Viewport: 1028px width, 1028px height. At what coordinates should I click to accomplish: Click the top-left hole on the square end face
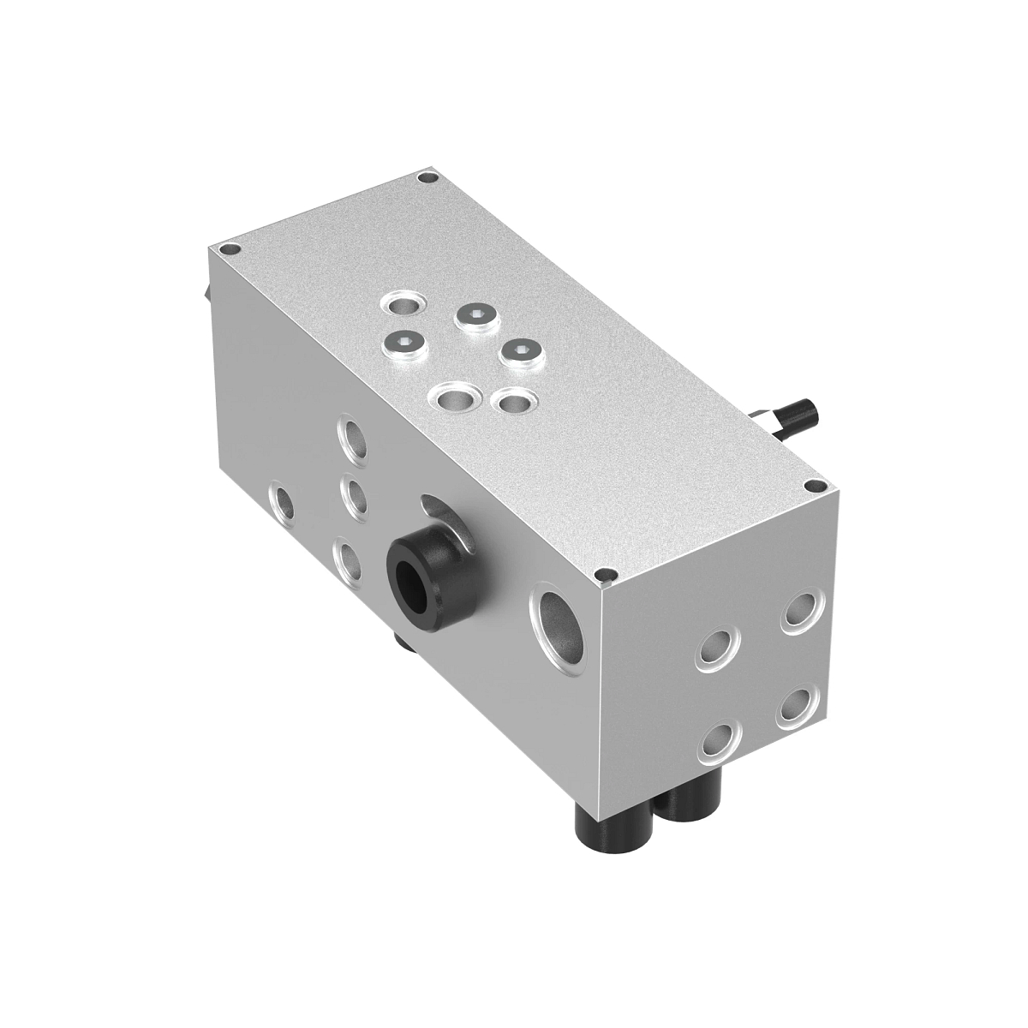click(x=719, y=649)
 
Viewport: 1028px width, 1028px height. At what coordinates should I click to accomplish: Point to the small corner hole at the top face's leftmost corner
click(x=228, y=250)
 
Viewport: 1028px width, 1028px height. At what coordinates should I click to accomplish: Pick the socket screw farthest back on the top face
click(x=474, y=318)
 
